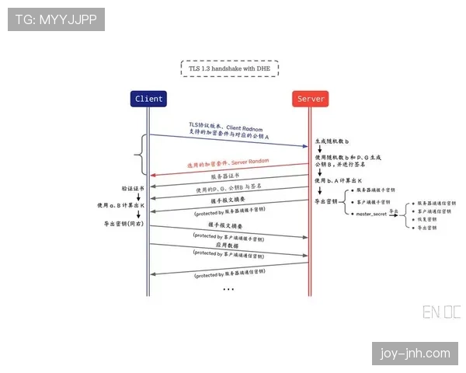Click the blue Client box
tap(149, 99)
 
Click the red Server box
tap(311, 99)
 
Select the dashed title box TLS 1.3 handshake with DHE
tap(230, 68)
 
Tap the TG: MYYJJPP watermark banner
tap(56, 19)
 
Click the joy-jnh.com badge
tap(413, 354)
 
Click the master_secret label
tap(370, 213)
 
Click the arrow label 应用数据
tap(229, 244)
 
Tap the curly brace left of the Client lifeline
tap(140, 154)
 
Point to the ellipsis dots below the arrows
tap(228, 289)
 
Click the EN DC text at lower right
tap(441, 312)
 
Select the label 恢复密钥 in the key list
tap(427, 220)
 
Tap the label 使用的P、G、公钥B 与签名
tap(229, 189)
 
